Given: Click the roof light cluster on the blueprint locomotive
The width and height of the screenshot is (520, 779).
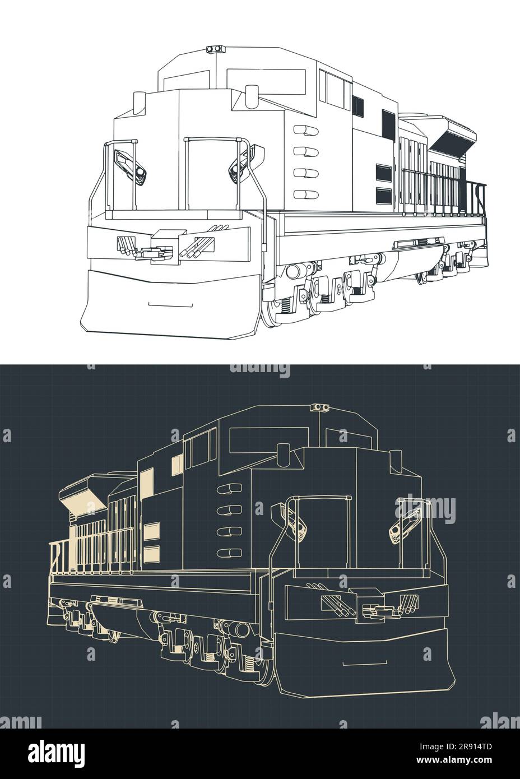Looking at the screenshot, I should click(321, 406).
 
